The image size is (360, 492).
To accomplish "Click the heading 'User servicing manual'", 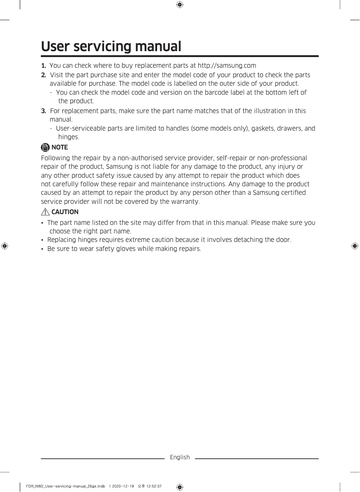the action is pos(111,47).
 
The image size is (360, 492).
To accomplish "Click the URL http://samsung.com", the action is pos(227,66).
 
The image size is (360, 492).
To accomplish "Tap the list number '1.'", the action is pos(44,66).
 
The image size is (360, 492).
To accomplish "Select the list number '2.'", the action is pos(44,75).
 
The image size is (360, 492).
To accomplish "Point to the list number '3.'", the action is pos(44,111).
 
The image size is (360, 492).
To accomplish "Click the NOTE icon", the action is pos(45,147).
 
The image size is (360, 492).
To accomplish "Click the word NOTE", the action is pos(60,147).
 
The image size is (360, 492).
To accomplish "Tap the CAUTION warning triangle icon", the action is pos(45,212).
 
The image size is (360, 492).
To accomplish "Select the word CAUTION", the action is pos(65,212).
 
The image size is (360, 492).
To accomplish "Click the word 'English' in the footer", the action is pos(180,457).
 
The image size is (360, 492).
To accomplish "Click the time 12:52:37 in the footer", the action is pos(153,486).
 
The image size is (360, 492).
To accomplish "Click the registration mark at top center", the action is pos(180,5).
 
